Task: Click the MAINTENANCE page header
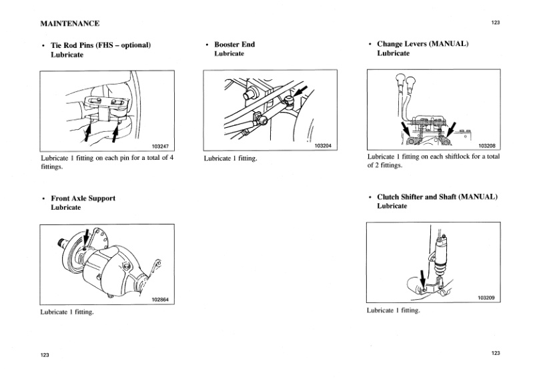70,23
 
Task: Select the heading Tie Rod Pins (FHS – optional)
101,45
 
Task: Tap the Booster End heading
234,45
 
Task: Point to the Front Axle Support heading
83,198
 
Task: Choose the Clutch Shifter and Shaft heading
437,197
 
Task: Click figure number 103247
160,145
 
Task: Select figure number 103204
323,145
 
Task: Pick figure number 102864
160,299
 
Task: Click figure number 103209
486,298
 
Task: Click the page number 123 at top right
495,23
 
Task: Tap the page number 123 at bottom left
45,355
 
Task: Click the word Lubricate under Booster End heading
229,54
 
